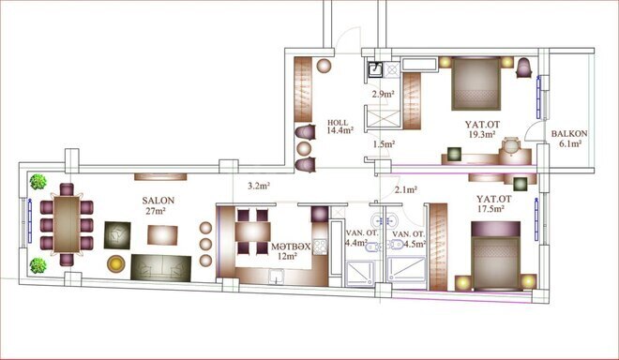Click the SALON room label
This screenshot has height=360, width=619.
coord(157,201)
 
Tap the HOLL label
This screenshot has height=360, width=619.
coord(338,123)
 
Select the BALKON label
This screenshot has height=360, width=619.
coord(569,134)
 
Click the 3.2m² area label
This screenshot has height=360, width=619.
coord(260,186)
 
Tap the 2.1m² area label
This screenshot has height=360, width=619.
coord(405,190)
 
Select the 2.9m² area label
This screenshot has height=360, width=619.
coord(382,95)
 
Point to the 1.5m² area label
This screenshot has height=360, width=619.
coord(383,144)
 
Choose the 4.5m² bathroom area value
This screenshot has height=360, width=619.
coord(412,244)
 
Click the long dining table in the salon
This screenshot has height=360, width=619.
coord(66,223)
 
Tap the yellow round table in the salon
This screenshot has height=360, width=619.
coord(115,264)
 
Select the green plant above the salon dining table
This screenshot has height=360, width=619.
coord(39,182)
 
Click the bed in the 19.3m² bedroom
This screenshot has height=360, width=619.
coord(476,86)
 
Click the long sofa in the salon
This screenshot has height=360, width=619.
coord(160,267)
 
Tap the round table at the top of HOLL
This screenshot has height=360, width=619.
coord(323,67)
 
